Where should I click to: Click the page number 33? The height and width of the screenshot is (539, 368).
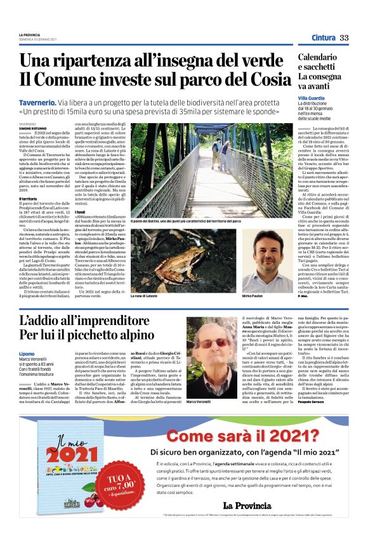pyautogui.click(x=344, y=38)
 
